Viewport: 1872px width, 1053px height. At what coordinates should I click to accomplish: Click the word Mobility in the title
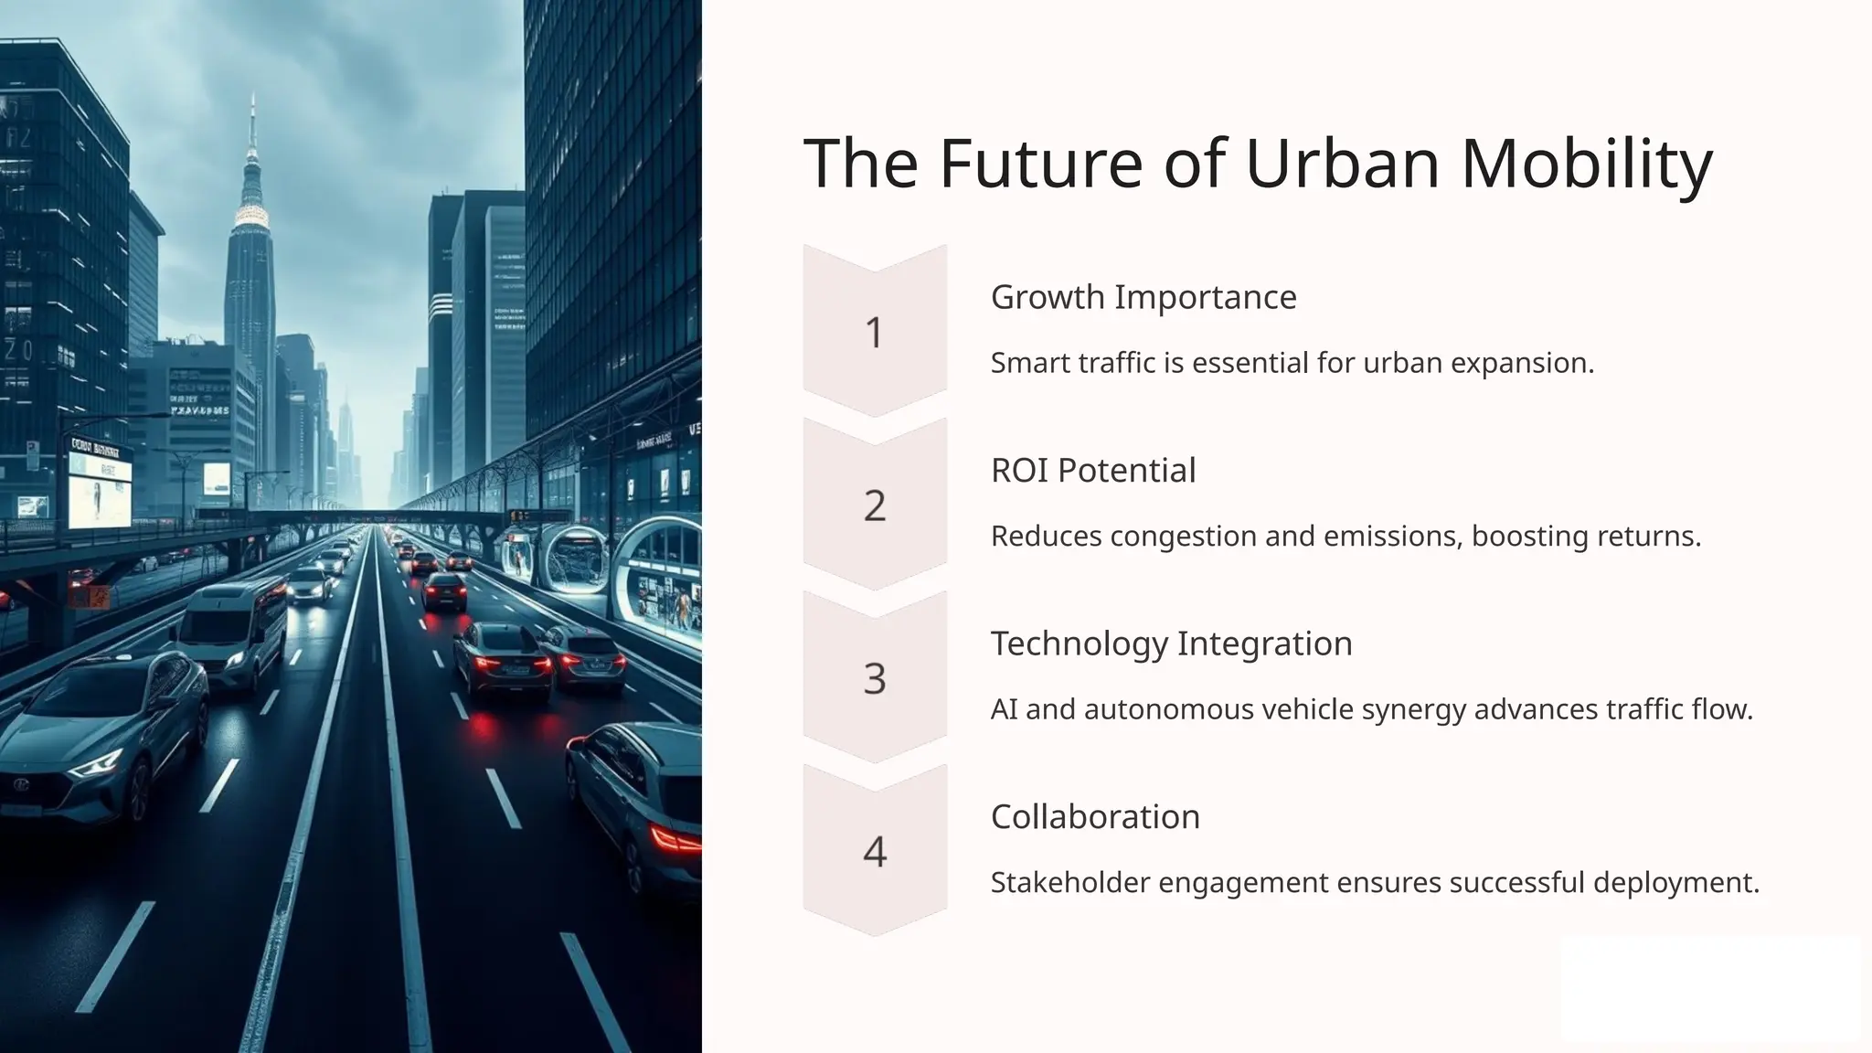point(1587,165)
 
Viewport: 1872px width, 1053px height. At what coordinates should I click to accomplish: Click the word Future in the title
point(1041,165)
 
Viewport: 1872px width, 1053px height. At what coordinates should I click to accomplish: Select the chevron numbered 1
point(875,332)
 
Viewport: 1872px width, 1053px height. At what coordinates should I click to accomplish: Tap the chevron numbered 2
point(875,505)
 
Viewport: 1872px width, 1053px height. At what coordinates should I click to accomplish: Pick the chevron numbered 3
point(875,678)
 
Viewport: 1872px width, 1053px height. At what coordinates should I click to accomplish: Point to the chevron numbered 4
point(875,852)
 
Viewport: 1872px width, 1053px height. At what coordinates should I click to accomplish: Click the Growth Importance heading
point(1143,297)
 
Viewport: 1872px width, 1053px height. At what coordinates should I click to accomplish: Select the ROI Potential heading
point(1093,471)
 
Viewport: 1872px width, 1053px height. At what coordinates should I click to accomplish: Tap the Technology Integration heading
point(1171,643)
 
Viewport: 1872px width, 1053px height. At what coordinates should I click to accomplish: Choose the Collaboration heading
point(1095,817)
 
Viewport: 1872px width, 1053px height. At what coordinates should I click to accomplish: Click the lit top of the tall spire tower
point(250,216)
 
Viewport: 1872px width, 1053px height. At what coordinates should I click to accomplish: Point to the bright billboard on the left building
point(100,488)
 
